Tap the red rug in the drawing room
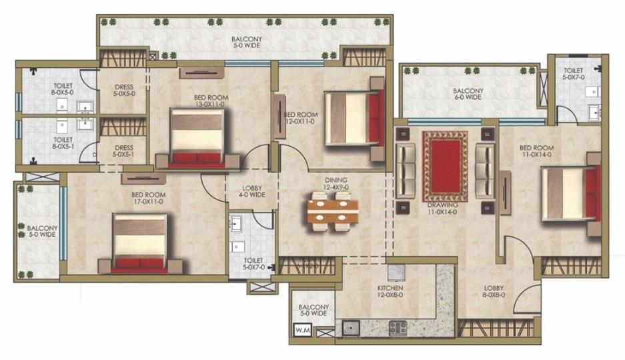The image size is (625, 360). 445,167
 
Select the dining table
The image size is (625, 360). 332,211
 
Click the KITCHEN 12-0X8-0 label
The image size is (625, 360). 390,291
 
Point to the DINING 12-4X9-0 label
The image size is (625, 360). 336,183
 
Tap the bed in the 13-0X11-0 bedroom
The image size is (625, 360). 197,138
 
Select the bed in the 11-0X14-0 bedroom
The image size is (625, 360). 571,193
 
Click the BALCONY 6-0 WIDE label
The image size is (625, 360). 468,94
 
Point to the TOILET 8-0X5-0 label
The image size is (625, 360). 63,89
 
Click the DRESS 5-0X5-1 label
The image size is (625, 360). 123,151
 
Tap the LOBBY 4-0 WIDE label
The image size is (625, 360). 252,191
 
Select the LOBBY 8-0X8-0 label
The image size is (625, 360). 494,291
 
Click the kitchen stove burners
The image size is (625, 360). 398,328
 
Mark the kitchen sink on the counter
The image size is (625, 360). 351,328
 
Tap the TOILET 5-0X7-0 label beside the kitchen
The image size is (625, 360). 253,264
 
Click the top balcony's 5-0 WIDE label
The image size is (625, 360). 247,45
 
